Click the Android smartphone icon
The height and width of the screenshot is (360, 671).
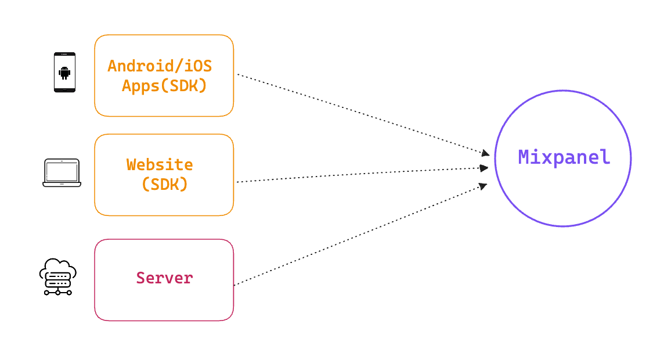pos(64,73)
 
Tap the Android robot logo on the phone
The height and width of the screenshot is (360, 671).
pos(64,73)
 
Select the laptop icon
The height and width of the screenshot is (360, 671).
pos(62,172)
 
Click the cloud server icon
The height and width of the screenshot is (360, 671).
pos(58,277)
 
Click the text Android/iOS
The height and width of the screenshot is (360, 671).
pos(160,66)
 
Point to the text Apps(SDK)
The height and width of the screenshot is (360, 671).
pos(164,85)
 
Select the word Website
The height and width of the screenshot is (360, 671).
pos(160,164)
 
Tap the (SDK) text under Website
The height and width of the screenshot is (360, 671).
pos(165,185)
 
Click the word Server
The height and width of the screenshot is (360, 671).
pos(164,278)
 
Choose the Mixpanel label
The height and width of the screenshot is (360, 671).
pos(564,157)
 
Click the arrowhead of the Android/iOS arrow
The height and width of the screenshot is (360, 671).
pos(485,153)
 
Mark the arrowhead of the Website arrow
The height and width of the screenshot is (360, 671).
pos(484,168)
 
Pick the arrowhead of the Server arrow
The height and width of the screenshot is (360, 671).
pos(483,186)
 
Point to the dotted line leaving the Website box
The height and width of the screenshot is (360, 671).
pos(362,175)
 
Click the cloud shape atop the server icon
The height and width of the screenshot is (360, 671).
pos(58,268)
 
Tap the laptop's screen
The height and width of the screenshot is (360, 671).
pos(62,171)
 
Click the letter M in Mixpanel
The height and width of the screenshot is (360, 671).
pos(524,157)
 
